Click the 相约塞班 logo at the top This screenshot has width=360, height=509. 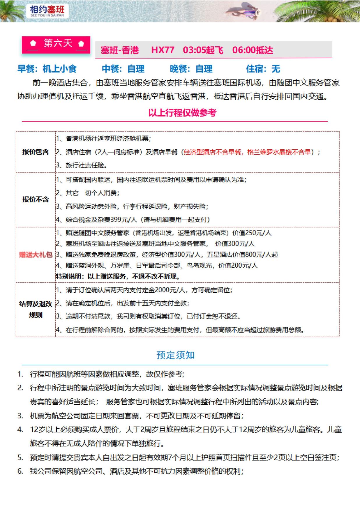(x=47, y=11)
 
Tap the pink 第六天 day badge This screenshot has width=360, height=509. (x=56, y=44)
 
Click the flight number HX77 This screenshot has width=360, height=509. (x=163, y=50)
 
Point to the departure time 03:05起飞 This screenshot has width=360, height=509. (x=203, y=50)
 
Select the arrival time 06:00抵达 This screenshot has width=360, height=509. (x=253, y=50)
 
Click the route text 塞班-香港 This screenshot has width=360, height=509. (x=120, y=50)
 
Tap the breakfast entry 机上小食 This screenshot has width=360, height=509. (x=59, y=69)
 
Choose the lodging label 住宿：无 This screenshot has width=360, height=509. (x=263, y=69)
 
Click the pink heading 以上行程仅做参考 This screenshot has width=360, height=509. (x=182, y=113)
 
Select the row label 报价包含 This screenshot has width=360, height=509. (x=36, y=152)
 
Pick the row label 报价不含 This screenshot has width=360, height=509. (x=36, y=199)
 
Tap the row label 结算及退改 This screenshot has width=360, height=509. (x=36, y=304)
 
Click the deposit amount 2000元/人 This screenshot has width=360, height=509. (x=170, y=290)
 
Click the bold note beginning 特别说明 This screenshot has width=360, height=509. (x=118, y=276)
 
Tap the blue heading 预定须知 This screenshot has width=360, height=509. (x=175, y=355)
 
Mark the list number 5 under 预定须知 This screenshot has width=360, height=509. (x=20, y=457)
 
